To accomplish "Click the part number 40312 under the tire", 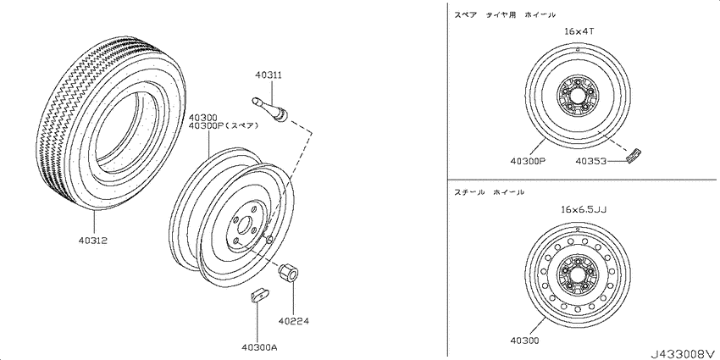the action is pyautogui.click(x=92, y=241).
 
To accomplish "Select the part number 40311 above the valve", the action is pyautogui.click(x=269, y=75).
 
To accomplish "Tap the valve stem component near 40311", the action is pyautogui.click(x=270, y=111).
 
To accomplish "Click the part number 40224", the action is pyautogui.click(x=293, y=321).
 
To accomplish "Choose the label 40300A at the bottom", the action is pyautogui.click(x=258, y=346).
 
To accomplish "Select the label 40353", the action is pyautogui.click(x=592, y=161).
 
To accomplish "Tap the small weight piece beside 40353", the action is pyautogui.click(x=634, y=156).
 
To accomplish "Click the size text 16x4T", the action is pyautogui.click(x=579, y=31).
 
